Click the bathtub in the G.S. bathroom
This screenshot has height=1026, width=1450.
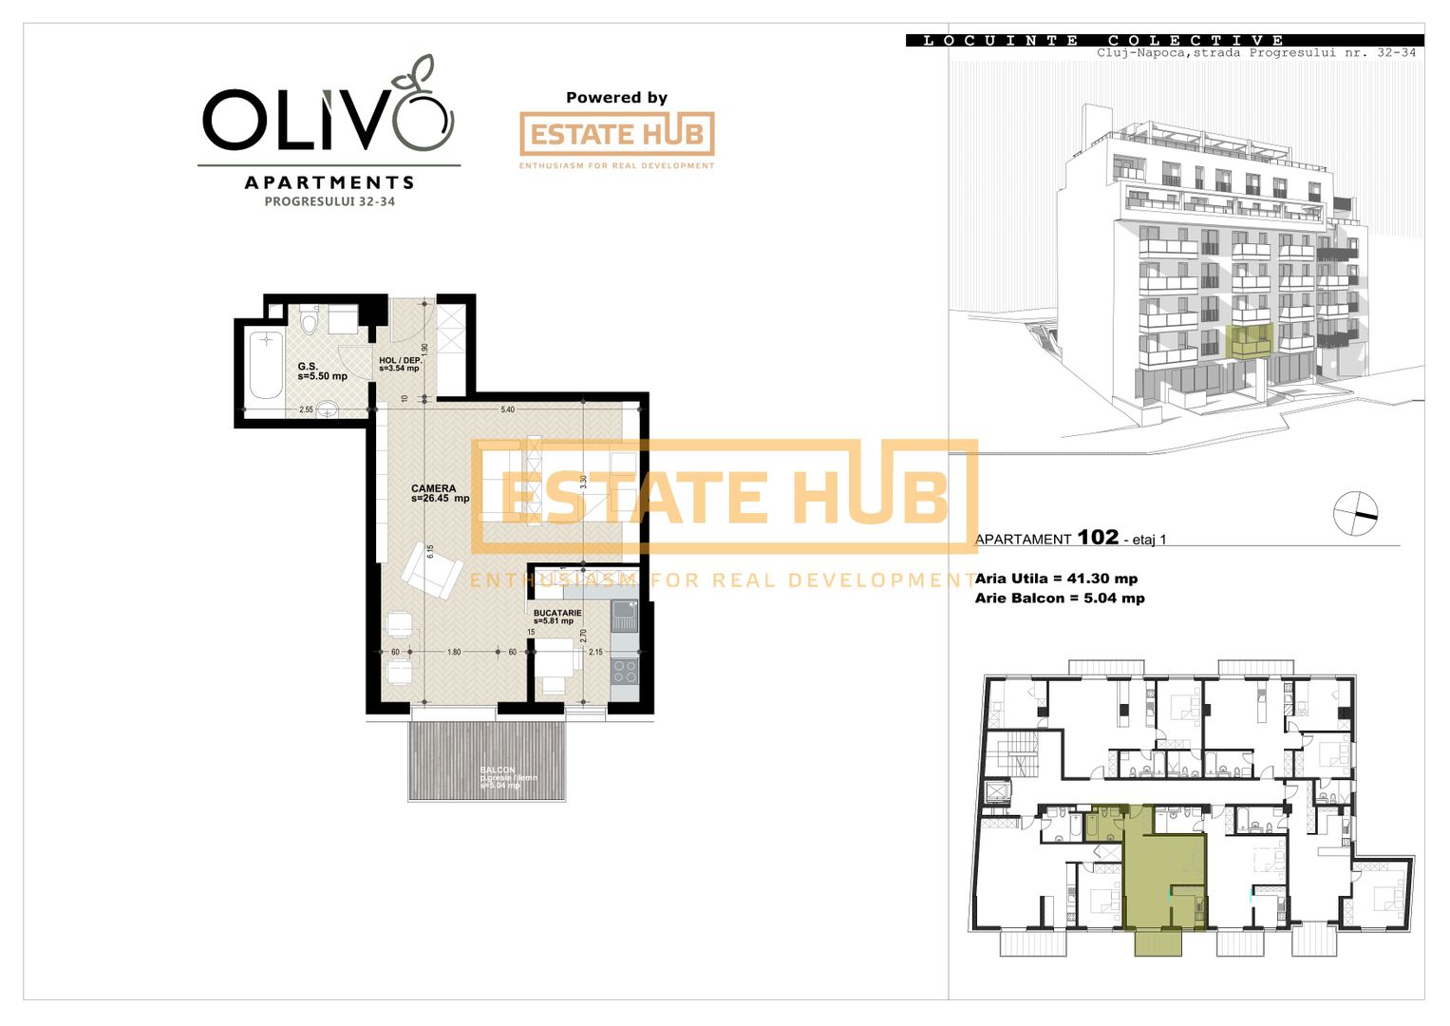click(x=266, y=366)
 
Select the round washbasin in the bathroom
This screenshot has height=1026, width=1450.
click(x=327, y=410)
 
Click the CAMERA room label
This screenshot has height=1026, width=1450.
click(x=434, y=489)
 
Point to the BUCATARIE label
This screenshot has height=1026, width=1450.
click(x=557, y=614)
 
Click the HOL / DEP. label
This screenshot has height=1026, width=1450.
click(x=400, y=361)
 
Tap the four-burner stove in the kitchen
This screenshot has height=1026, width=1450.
click(x=624, y=672)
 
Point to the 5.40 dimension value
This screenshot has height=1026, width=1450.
click(x=508, y=410)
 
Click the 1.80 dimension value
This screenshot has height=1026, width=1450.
click(x=454, y=653)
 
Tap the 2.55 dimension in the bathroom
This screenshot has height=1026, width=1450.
click(x=306, y=410)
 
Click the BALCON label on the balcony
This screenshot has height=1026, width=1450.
click(x=498, y=770)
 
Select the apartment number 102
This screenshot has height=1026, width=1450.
click(x=1098, y=537)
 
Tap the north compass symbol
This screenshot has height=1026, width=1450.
click(x=1355, y=514)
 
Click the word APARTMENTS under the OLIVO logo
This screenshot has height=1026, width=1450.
click(x=330, y=182)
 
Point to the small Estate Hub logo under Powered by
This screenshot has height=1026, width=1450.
click(x=616, y=135)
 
